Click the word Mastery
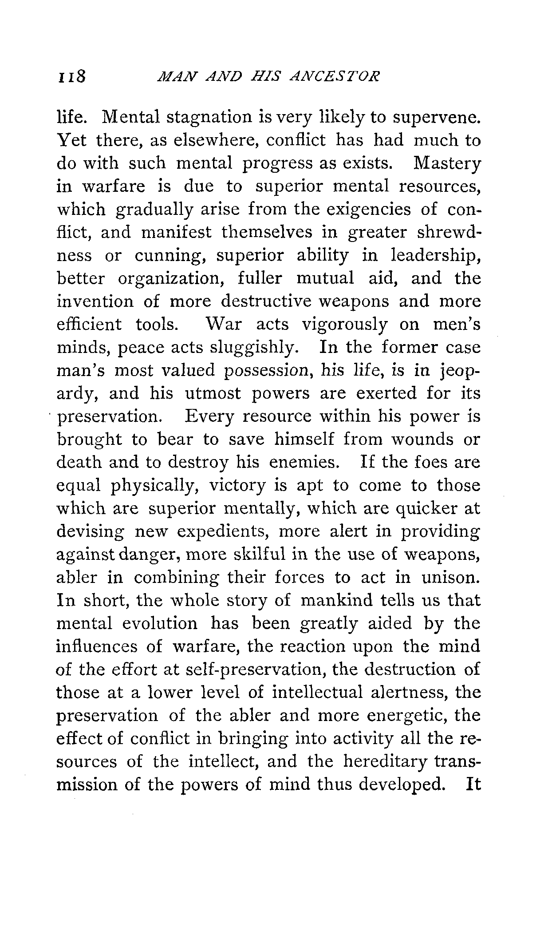(x=446, y=164)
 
